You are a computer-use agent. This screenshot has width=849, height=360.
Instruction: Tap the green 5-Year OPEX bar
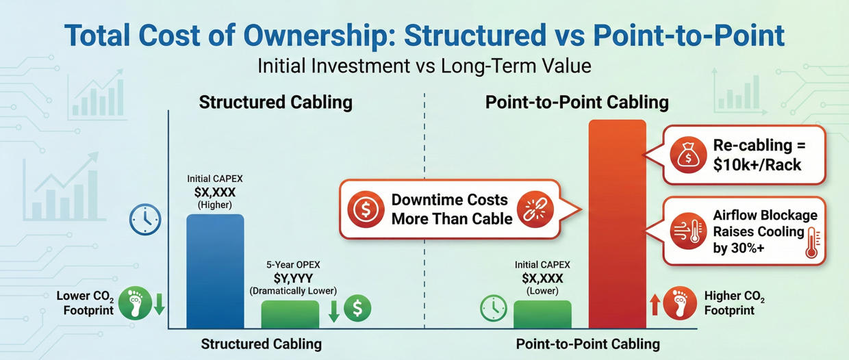290,314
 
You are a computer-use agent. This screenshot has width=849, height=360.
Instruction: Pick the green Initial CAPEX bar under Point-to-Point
542,314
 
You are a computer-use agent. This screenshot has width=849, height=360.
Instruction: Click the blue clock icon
145,221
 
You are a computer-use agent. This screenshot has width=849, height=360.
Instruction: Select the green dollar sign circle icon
357,309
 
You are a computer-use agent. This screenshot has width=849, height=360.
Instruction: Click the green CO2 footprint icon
134,303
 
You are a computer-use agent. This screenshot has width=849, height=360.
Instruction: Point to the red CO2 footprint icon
680,303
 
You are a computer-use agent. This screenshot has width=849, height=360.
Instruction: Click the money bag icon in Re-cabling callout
686,155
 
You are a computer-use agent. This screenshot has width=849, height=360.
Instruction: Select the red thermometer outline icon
813,243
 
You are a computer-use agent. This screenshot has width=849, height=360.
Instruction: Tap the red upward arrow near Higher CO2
655,304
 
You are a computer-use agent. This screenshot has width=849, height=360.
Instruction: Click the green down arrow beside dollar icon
334,309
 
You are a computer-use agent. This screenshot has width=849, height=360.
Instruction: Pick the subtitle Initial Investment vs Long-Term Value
424,67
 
